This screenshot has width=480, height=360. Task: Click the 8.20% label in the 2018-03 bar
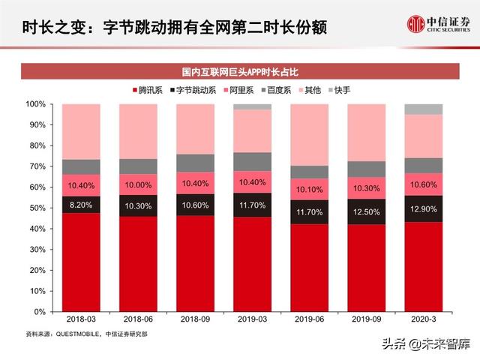pos(80,204)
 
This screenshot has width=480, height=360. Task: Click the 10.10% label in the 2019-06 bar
pos(309,189)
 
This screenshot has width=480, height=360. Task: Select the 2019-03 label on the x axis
pos(252,319)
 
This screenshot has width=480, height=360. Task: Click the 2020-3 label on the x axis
pos(424,319)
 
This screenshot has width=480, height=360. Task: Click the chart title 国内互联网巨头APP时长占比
pos(239,72)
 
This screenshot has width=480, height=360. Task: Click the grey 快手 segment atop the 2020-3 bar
pos(424,109)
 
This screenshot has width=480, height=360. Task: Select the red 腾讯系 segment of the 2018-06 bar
pos(138,262)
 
